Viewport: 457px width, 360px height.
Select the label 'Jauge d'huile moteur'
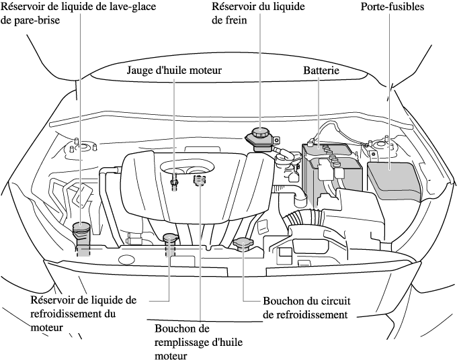(174, 70)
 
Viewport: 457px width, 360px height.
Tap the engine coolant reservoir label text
(83, 313)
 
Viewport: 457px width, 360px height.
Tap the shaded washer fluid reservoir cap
(81, 232)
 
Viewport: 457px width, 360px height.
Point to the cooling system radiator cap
(243, 245)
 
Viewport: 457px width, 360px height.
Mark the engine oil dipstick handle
(174, 180)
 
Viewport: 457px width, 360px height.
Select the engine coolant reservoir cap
(170, 239)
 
